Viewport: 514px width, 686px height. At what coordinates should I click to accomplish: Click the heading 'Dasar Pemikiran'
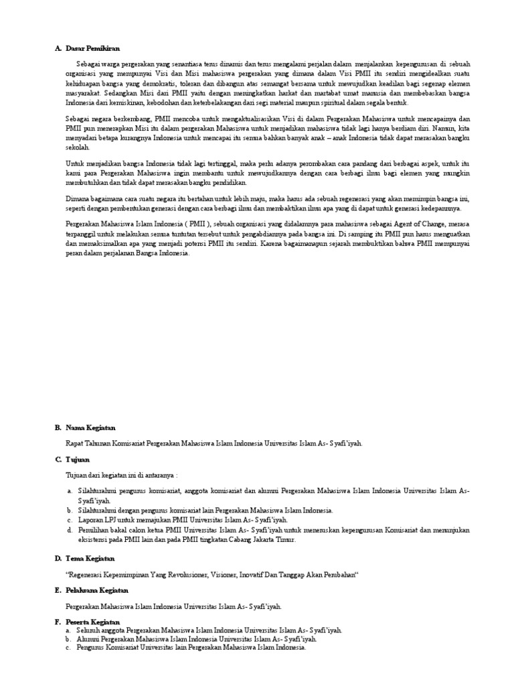click(92, 48)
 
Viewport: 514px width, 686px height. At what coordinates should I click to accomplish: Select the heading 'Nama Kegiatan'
click(90, 427)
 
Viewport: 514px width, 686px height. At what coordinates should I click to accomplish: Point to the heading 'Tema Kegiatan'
click(90, 558)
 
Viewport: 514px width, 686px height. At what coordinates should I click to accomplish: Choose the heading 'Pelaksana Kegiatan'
click(96, 590)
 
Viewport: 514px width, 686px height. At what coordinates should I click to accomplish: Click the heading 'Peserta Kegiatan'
click(93, 622)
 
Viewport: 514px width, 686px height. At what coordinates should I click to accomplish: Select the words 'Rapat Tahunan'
click(87, 443)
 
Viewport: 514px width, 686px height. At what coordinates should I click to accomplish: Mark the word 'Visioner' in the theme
click(222, 575)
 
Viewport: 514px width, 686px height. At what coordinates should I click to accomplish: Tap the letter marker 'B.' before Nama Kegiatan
click(58, 427)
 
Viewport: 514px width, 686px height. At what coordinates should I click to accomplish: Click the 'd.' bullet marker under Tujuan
click(70, 530)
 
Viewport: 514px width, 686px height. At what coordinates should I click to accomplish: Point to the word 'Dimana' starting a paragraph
click(77, 199)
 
